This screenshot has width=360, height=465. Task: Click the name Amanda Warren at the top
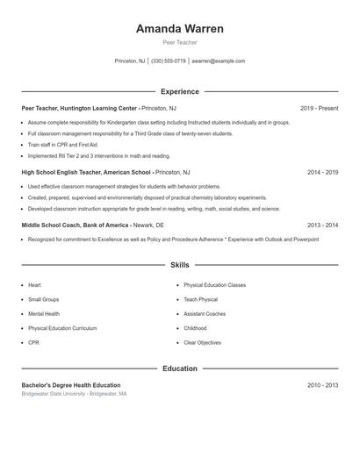coord(179,29)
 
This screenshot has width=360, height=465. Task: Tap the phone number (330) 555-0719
coord(169,61)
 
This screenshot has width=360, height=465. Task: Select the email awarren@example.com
coord(219,61)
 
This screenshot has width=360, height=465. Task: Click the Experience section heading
coord(179,91)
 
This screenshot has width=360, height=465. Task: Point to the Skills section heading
coord(179,264)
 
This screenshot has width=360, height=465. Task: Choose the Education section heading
coord(179,368)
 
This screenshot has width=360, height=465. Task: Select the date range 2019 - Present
coord(319,108)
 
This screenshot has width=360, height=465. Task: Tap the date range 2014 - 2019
coord(322,173)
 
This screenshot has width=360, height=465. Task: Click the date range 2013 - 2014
coord(322,225)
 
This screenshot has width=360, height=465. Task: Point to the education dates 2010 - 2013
coord(322,385)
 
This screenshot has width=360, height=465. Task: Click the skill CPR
coord(33,342)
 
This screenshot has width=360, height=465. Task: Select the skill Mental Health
coord(44,313)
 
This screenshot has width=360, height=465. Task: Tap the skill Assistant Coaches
coord(205,313)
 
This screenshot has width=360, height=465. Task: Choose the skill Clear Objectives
coord(203,342)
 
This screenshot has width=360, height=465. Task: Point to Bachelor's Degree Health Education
coord(71,385)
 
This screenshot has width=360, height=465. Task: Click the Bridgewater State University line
coord(75,395)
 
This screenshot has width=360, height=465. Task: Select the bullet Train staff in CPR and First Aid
coord(63,144)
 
